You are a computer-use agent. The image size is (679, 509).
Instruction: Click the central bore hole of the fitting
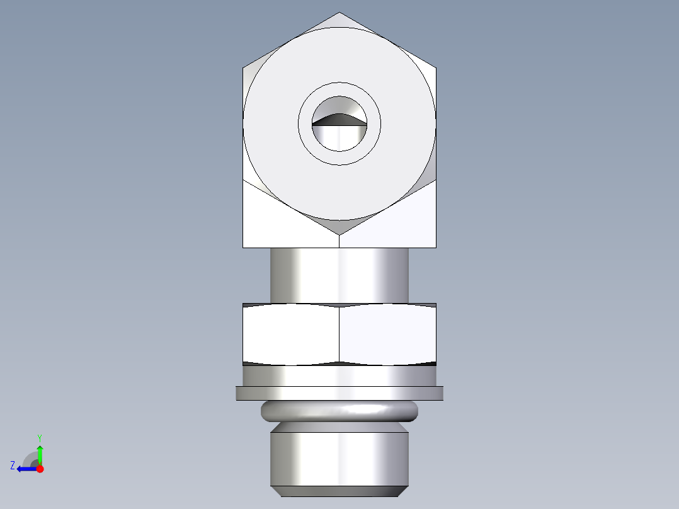coord(339,135)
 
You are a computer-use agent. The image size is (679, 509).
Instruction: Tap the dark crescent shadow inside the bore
coord(339,118)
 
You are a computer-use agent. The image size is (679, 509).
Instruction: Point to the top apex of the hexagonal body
coord(339,13)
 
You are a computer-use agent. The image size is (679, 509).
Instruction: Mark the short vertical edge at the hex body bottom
coord(339,241)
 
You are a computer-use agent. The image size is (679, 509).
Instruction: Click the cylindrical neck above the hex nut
coord(339,275)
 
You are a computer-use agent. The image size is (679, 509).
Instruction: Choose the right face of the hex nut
coord(388,334)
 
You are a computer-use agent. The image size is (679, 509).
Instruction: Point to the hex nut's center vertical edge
coord(339,334)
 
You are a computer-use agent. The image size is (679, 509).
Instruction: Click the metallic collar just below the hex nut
coord(339,376)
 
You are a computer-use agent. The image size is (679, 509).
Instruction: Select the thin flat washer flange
coord(339,393)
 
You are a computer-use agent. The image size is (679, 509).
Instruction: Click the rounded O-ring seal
coord(339,411)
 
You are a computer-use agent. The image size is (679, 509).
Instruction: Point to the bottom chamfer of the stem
coord(339,491)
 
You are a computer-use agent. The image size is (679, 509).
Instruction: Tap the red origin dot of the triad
coord(40,469)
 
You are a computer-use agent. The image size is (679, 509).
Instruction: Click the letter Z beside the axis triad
coord(13,466)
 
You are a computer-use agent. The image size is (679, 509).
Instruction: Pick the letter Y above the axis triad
coord(39,437)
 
